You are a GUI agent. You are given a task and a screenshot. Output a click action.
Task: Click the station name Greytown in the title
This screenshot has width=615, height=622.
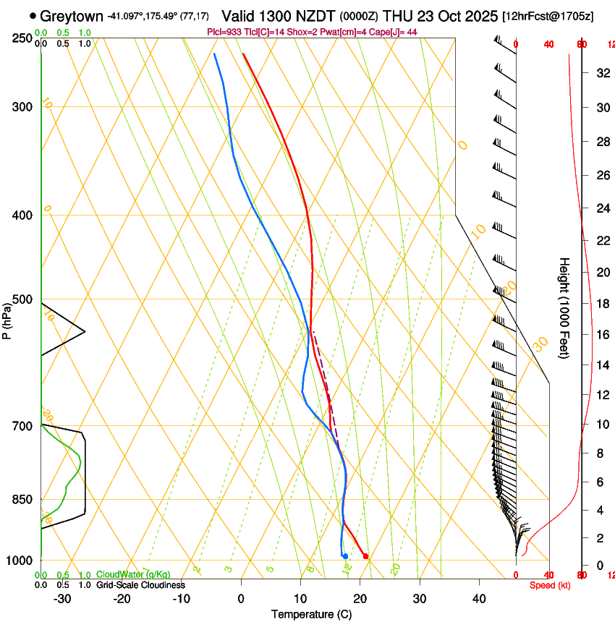tap(72, 16)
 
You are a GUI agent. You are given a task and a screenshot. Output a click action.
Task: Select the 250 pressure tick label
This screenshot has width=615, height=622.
tap(22, 38)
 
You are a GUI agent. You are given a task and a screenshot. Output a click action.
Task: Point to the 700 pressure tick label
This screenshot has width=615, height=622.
tap(22, 426)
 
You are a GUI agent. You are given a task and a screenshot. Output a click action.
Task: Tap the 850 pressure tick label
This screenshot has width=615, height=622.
tap(22, 499)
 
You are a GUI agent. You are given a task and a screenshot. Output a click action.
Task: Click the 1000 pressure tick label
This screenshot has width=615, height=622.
tap(20, 561)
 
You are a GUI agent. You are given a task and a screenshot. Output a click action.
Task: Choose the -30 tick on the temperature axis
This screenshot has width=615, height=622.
tap(62, 598)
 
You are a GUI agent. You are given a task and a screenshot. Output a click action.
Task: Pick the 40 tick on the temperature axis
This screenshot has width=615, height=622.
tap(478, 598)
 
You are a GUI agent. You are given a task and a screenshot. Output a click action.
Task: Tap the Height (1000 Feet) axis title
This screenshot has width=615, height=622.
tap(564, 307)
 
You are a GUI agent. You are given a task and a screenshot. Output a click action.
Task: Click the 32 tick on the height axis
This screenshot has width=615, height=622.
tap(602, 72)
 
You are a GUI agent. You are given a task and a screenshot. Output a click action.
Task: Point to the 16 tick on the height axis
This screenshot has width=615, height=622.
tap(602, 334)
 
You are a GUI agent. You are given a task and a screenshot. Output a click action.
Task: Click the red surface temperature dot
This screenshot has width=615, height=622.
tap(365, 556)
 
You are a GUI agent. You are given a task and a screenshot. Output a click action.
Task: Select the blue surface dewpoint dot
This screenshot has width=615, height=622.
tap(345, 556)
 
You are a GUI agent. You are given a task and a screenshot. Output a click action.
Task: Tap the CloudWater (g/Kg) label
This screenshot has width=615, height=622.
tap(133, 575)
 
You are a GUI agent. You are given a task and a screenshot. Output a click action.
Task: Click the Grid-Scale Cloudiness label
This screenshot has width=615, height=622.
tap(140, 585)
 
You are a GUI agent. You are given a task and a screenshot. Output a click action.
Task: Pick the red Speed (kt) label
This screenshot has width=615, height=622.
tap(549, 585)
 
